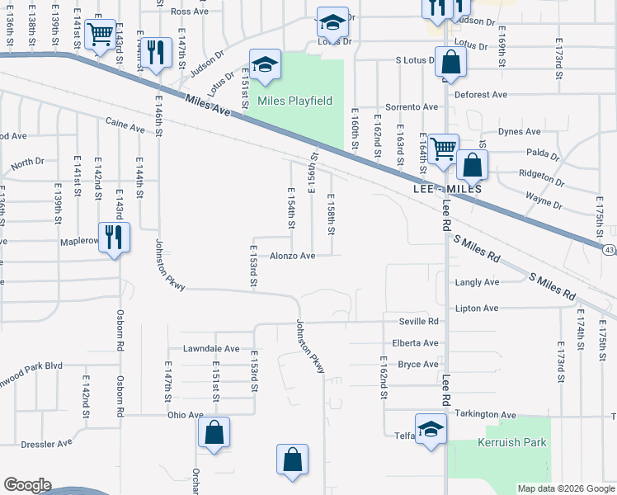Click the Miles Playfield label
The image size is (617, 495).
coord(294,101)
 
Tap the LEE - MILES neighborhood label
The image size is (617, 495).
coord(446,190)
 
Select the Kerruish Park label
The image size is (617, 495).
coord(512,442)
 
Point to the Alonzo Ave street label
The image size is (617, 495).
coord(293,256)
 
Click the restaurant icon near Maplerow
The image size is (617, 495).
coord(114,237)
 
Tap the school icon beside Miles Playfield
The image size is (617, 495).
coord(266,64)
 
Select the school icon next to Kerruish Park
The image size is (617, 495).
coord(430,428)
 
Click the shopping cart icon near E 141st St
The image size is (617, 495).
coord(101,34)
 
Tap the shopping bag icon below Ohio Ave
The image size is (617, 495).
coord(214,431)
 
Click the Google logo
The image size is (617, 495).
coord(27,485)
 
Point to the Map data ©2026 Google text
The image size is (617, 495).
coord(565,488)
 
